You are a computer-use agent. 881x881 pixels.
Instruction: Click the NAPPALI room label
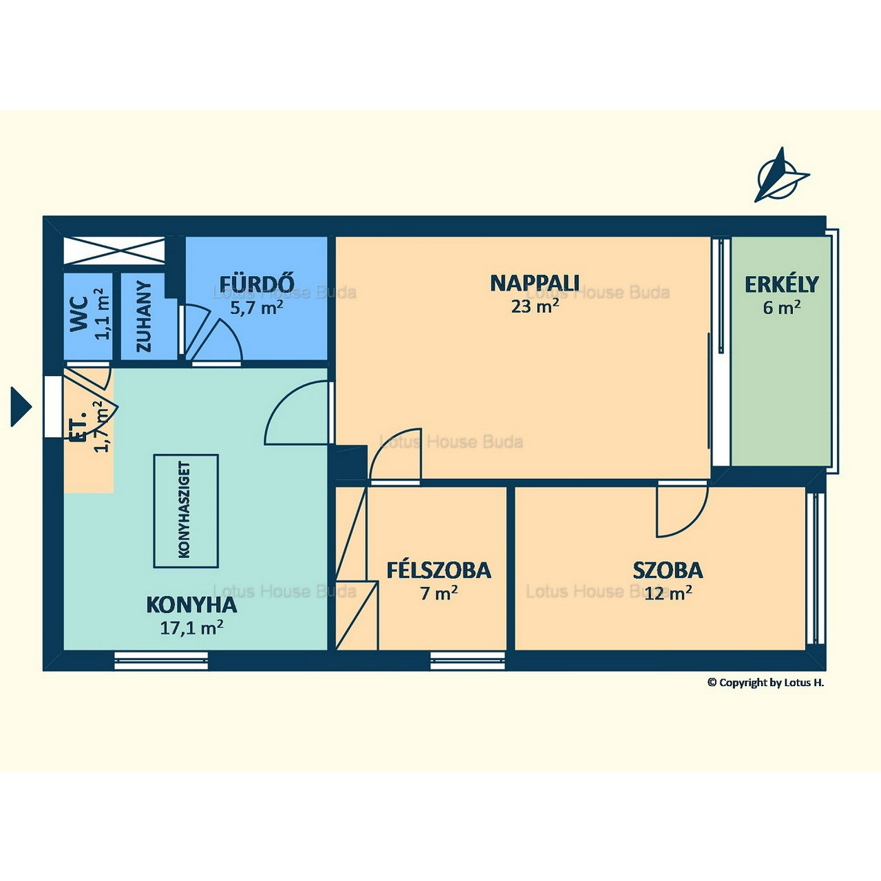point(535,283)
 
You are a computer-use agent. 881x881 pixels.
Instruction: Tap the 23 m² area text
point(535,306)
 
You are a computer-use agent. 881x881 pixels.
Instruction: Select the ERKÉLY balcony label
point(781,284)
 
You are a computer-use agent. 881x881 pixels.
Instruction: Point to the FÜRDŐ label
point(257,284)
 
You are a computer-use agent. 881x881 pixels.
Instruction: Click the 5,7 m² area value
point(257,307)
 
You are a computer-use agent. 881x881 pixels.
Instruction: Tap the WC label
point(78,314)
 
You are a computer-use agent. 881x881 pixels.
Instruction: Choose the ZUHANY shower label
point(144,317)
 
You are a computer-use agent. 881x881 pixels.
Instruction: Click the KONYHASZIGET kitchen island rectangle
point(186,511)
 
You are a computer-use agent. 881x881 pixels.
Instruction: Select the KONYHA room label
point(191,605)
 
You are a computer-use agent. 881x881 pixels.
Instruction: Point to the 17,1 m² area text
point(191,627)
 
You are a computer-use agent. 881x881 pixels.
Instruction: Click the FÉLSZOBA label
point(438,570)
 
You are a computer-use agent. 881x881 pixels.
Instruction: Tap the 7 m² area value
point(439,593)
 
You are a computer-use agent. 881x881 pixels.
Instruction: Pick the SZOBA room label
point(668,570)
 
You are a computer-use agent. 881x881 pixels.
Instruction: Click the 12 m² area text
point(668,593)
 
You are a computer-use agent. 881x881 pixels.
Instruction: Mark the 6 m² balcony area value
point(781,307)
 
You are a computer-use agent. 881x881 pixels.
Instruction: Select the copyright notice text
point(765,683)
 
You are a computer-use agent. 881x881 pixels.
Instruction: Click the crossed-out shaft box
point(114,251)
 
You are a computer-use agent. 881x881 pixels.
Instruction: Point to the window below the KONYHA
point(161,661)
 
